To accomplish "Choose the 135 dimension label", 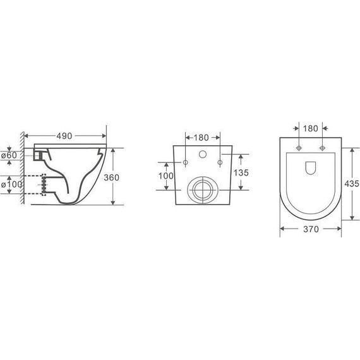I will coord(242,172).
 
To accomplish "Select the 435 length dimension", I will coord(352,183).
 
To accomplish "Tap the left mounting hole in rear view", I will coord(185,163).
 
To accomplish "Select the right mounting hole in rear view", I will coord(220,163).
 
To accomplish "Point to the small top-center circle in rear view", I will coord(203,153).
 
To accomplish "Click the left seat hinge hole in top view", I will coord(297,149).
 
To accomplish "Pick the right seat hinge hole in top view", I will coord(322,149).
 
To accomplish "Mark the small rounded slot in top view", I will coord(309,167).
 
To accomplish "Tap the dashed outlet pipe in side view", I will coord(44,184).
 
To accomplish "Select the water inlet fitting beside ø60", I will coord(42,155).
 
